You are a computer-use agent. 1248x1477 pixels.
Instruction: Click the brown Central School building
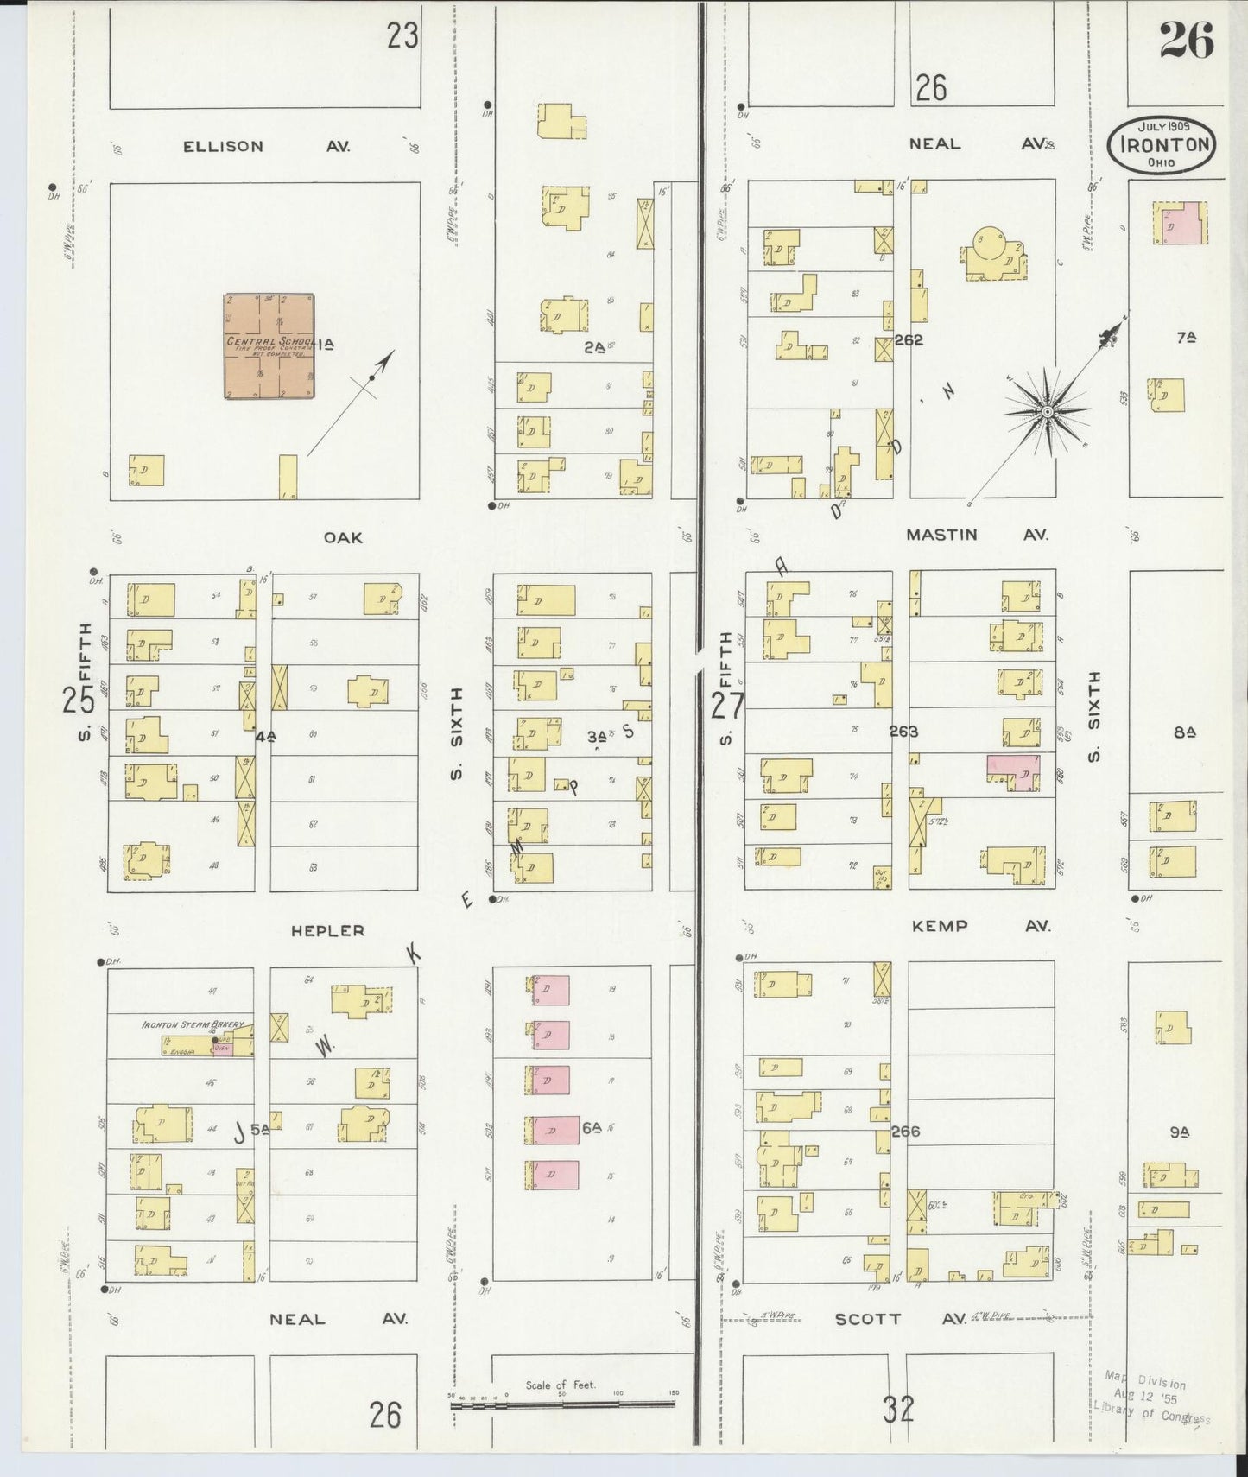pos(269,345)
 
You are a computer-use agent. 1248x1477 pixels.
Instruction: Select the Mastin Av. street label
pos(977,535)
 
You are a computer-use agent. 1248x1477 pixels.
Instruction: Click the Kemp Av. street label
pos(981,926)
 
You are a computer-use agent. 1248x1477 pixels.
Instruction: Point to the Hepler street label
pos(327,930)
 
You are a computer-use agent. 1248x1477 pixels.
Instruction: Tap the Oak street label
pos(343,537)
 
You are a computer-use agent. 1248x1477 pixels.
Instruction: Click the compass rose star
pos(1047,412)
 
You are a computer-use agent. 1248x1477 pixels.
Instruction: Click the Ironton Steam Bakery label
pos(193,1024)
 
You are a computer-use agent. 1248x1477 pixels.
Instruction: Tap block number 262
pos(909,340)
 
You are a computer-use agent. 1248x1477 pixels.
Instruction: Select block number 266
pos(905,1131)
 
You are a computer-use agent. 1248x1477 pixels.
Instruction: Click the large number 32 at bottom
pos(898,1410)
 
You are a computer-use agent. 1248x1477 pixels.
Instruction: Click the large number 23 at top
pos(402,35)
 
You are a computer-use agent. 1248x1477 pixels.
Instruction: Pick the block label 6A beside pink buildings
pos(591,1127)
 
